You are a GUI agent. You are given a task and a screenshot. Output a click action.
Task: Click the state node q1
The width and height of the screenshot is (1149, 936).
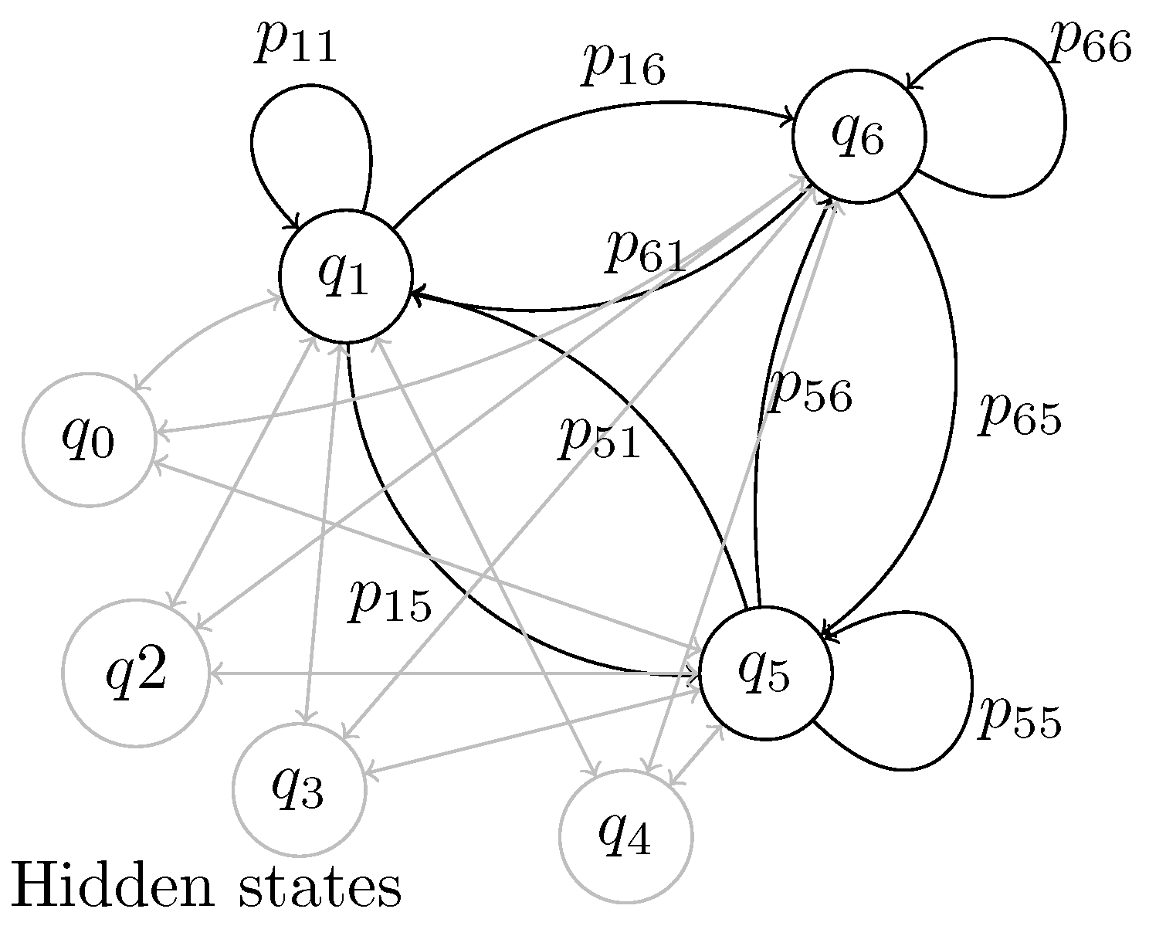pyautogui.click(x=345, y=276)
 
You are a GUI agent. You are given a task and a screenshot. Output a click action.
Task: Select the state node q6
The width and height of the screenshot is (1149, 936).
pyautogui.click(x=859, y=137)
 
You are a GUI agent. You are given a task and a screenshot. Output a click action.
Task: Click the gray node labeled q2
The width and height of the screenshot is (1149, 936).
pyautogui.click(x=135, y=673)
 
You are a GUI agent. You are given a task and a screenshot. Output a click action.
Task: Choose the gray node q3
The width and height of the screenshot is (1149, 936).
pyautogui.click(x=299, y=789)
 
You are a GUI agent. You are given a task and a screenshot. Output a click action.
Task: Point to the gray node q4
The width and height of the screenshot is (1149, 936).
pyautogui.click(x=626, y=836)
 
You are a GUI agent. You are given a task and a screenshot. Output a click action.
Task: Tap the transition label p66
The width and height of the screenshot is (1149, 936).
pyautogui.click(x=1090, y=46)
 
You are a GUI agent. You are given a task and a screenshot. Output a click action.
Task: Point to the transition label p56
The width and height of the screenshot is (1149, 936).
pyautogui.click(x=811, y=394)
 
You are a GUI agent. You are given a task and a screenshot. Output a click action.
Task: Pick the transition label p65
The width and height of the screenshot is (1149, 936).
pyautogui.click(x=1019, y=417)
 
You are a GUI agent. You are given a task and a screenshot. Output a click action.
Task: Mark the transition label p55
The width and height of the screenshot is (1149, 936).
pyautogui.click(x=1019, y=720)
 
